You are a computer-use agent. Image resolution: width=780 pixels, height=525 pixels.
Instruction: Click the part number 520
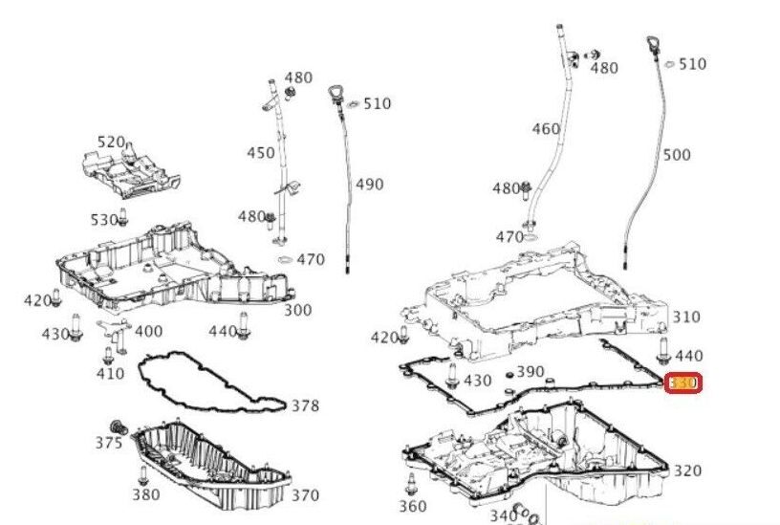point(111,142)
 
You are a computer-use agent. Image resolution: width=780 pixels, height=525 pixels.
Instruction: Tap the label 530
point(103,220)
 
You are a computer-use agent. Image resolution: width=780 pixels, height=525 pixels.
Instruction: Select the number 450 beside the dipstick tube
point(261,153)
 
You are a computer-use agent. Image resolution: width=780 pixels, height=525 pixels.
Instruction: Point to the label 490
point(370,184)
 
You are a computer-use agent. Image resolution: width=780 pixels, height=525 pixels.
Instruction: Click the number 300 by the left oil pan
point(297,310)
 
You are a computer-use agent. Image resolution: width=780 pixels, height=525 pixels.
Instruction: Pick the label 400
point(148,331)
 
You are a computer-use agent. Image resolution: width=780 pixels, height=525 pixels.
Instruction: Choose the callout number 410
point(110,373)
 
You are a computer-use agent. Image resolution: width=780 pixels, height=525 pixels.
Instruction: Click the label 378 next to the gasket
point(305,405)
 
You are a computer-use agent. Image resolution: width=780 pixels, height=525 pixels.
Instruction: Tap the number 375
point(108,443)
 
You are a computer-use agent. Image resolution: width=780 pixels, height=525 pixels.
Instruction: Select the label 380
point(146,494)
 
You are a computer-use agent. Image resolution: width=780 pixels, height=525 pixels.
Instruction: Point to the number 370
point(305,494)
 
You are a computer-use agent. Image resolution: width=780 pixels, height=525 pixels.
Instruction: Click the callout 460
point(546,129)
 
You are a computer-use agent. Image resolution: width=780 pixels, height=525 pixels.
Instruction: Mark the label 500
point(676,154)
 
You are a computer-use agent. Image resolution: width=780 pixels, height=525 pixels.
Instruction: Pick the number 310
point(686,317)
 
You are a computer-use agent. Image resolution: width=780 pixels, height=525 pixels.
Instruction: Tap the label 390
point(530,372)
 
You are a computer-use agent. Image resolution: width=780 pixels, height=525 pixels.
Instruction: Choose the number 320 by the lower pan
point(687,470)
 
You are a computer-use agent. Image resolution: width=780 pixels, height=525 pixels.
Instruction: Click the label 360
point(413,506)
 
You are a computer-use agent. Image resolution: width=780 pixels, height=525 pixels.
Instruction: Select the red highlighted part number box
point(684,383)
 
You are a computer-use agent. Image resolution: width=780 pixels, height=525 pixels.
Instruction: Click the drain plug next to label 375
point(119,426)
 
